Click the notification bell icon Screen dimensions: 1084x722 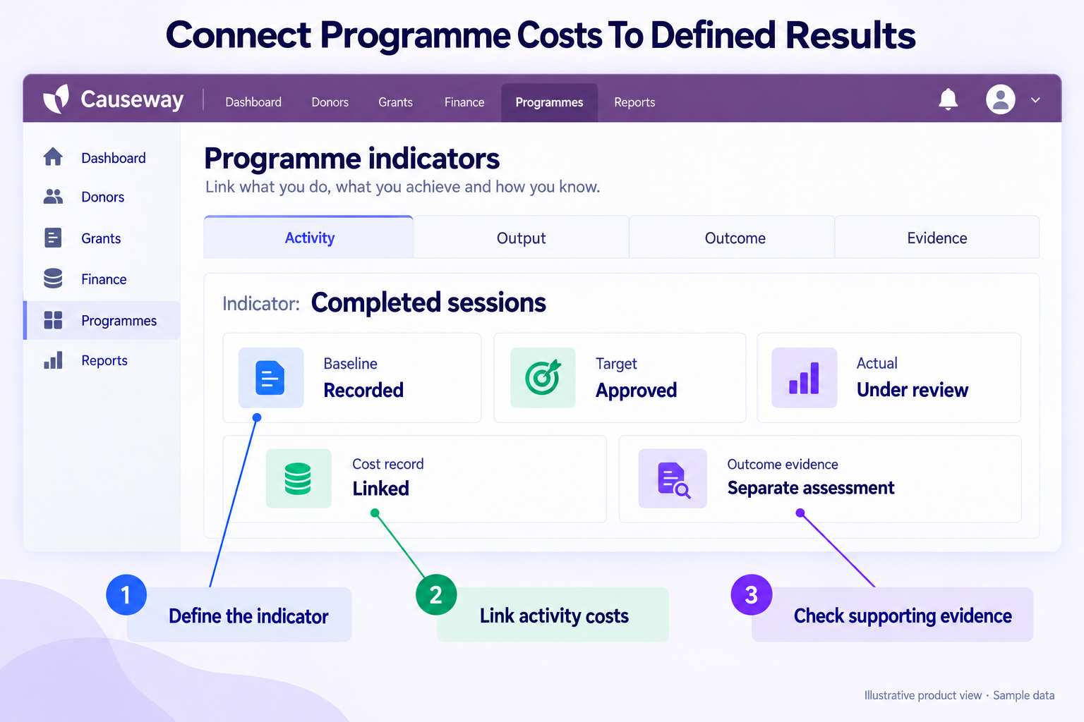pos(948,99)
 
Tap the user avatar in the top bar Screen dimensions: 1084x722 pos(1000,99)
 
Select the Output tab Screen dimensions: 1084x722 pos(521,238)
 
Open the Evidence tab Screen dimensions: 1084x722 pos(937,238)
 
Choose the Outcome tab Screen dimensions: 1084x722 pos(735,238)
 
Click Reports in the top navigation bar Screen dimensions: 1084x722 pos(634,102)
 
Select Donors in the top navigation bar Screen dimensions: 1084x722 pos(330,102)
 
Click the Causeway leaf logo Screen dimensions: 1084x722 pos(56,99)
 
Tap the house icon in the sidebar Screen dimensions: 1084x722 pos(53,157)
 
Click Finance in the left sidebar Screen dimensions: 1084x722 pos(104,279)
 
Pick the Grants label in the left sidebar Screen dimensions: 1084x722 pos(101,238)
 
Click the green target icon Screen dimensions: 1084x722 pos(543,377)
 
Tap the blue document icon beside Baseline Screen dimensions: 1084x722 pos(270,378)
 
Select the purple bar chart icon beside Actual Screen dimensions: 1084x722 pos(804,378)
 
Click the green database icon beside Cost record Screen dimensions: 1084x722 pos(298,478)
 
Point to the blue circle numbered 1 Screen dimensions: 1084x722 pos(126,595)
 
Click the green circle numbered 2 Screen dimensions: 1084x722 pos(436,595)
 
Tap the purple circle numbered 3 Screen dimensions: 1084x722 pos(751,595)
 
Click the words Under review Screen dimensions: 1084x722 pos(913,390)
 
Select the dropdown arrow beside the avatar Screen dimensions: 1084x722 pos(1035,100)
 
